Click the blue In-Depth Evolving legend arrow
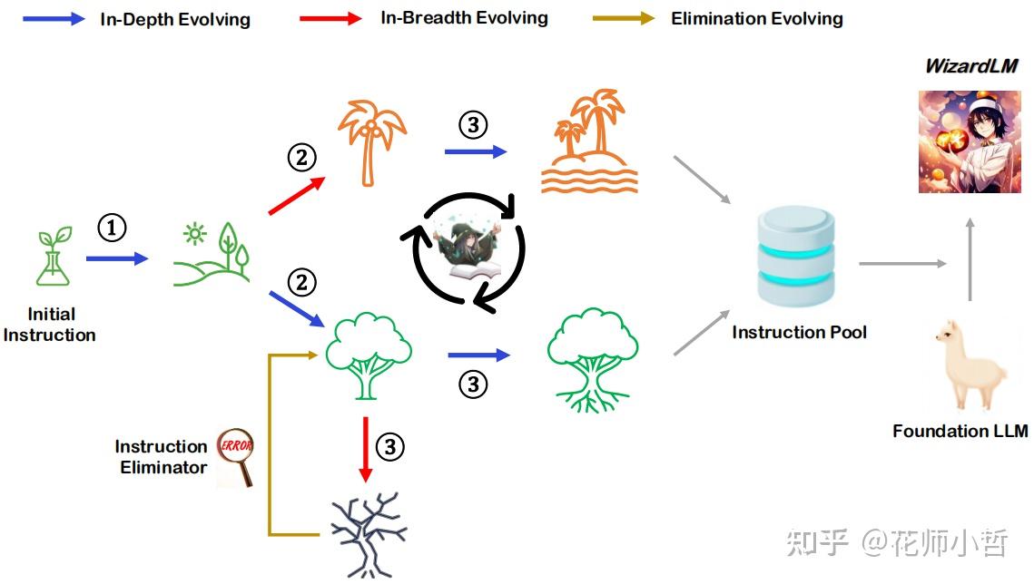[54, 18]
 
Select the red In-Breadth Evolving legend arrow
[331, 18]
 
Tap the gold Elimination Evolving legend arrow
[623, 18]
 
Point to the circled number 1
[112, 229]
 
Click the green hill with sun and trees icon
[212, 256]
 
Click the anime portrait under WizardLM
[969, 141]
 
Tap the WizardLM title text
[970, 66]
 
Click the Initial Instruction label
[50, 325]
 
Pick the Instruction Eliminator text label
[162, 457]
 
